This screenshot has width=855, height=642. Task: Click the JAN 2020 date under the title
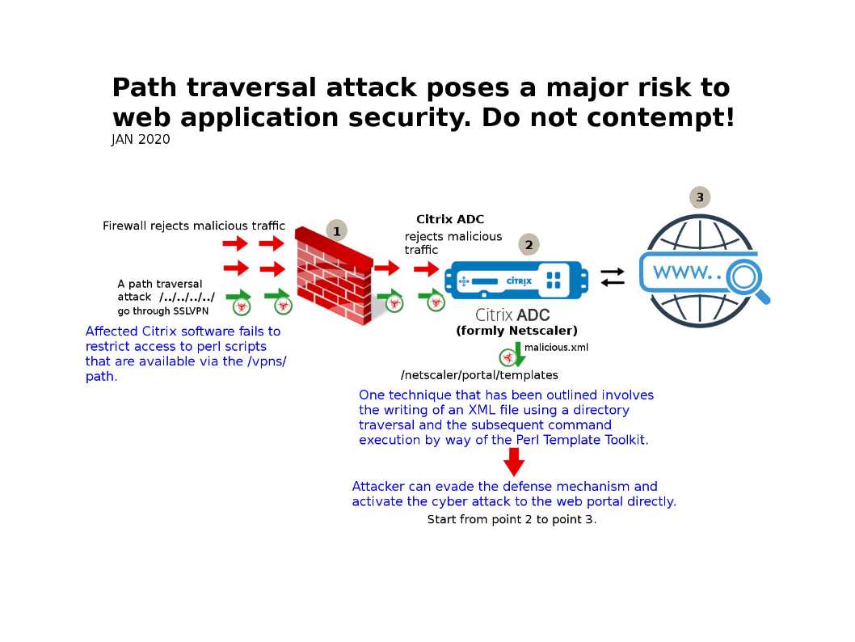141,140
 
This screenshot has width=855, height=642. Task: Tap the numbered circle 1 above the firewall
336,231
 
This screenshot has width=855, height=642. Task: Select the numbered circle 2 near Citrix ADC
529,244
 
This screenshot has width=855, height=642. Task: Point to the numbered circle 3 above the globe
700,197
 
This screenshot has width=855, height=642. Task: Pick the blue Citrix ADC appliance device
516,281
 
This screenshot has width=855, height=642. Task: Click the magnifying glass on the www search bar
744,277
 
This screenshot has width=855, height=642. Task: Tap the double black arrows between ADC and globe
613,277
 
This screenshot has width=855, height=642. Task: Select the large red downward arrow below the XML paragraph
514,462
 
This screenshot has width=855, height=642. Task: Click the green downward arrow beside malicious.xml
518,354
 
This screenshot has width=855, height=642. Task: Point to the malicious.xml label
556,348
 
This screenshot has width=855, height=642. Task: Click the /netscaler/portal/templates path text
479,375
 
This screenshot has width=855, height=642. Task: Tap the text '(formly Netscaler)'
516,331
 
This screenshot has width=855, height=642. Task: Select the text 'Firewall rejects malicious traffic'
194,226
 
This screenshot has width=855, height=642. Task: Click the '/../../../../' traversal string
187,298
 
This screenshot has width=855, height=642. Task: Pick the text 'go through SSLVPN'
166,311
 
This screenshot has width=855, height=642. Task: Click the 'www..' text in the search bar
686,272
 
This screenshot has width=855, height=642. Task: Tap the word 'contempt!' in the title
661,118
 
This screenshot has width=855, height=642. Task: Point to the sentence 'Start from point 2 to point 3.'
512,520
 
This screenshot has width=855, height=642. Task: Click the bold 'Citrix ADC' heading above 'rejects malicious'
450,220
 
